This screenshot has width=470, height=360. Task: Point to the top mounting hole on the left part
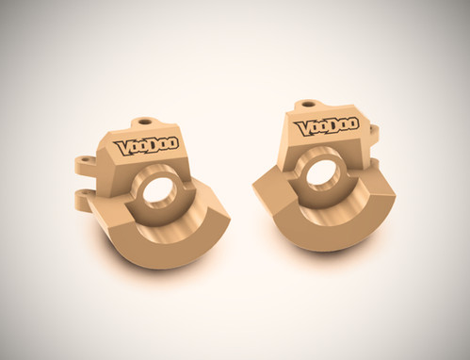[x=143, y=122]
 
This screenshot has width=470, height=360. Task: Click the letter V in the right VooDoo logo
[x=301, y=126]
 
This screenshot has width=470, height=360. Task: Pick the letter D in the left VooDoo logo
[x=154, y=146]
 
